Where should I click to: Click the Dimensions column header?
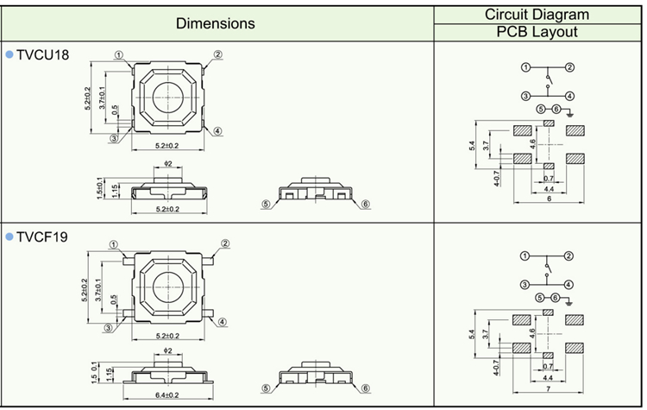(216, 23)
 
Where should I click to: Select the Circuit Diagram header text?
(537, 14)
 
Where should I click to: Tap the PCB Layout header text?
(537, 33)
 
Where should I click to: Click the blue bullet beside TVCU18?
(9, 54)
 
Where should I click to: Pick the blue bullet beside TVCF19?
(9, 235)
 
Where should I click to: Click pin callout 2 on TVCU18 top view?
(218, 55)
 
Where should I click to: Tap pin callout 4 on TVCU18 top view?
(218, 131)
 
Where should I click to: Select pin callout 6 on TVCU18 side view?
(366, 205)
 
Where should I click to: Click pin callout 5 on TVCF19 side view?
(267, 389)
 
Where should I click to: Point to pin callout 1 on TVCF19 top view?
(113, 245)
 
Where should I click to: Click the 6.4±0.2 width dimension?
(168, 394)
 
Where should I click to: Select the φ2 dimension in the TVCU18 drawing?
(168, 163)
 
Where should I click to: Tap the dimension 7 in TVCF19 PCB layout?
(549, 388)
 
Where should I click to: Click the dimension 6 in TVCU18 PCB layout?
(549, 199)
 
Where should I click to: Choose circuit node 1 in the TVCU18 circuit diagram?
(525, 66)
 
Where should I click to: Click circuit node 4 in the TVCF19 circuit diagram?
(570, 284)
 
